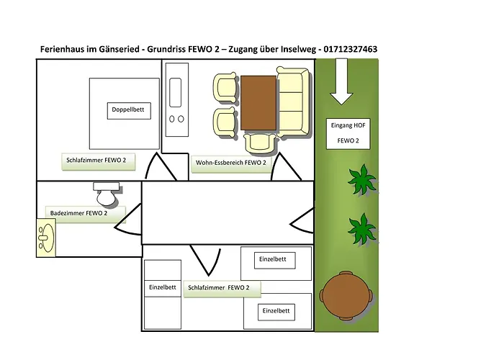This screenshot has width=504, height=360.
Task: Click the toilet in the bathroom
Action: (x=107, y=194)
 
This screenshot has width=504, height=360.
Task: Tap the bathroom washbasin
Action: (x=46, y=238)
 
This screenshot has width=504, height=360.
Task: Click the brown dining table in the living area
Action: (x=258, y=103)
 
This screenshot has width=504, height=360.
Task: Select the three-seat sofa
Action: (x=293, y=102)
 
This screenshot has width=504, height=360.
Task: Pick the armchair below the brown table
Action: (x=260, y=143)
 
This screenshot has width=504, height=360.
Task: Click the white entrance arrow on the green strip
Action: (x=341, y=82)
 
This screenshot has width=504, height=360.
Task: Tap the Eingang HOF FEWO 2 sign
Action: (x=348, y=133)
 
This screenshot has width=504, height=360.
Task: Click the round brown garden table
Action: (x=346, y=296)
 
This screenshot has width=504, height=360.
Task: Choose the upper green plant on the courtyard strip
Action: (x=362, y=180)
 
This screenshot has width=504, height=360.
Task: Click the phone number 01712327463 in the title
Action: (x=351, y=49)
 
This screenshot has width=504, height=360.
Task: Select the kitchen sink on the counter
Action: (x=175, y=93)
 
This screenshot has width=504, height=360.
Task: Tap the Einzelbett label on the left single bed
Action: (x=163, y=287)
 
